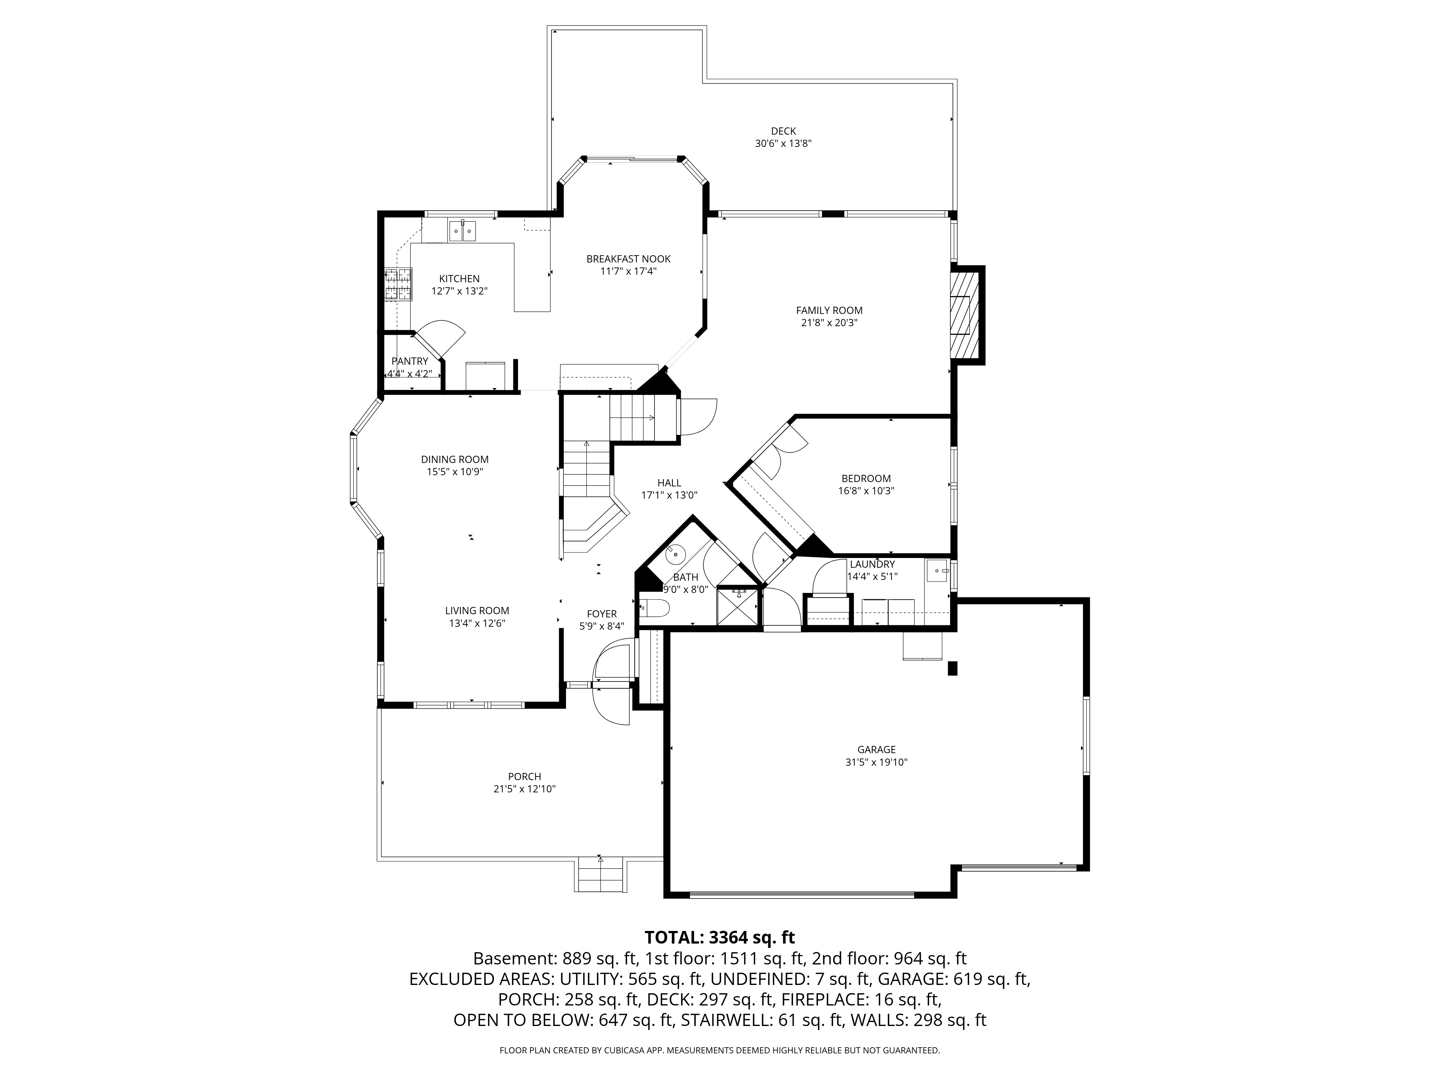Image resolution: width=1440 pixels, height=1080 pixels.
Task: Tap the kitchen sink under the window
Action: click(462, 230)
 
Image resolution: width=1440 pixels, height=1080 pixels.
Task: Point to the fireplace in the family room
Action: click(966, 315)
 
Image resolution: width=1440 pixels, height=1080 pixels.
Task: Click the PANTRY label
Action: click(410, 361)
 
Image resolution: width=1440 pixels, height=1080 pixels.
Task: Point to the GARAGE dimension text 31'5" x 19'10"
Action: click(876, 762)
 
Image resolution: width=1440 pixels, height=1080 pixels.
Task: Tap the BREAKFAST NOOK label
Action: click(628, 259)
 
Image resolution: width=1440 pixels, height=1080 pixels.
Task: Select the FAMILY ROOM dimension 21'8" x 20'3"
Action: click(829, 323)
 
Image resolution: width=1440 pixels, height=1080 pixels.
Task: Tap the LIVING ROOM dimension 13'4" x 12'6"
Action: click(477, 624)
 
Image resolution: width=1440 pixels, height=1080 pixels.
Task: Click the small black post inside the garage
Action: click(953, 669)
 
